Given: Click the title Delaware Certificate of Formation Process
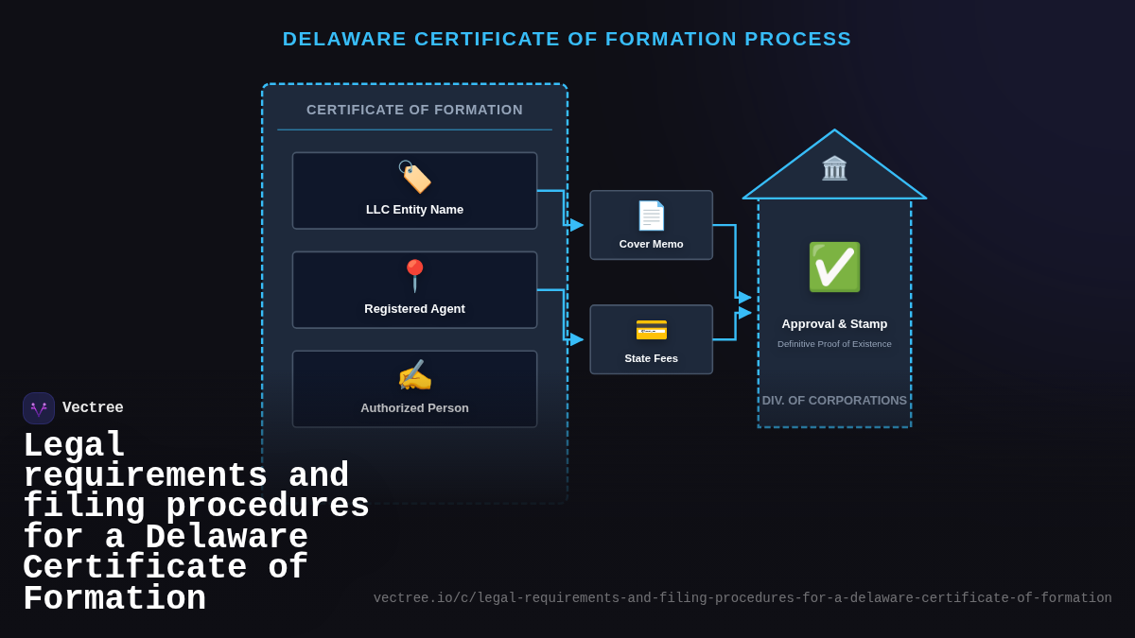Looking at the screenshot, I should pos(567,39).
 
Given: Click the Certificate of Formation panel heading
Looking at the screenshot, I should pos(414,110).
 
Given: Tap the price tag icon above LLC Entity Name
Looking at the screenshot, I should pos(414,177).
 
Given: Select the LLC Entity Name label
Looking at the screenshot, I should pos(414,210).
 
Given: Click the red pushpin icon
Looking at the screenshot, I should pos(414,275).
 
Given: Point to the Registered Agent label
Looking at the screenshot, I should pos(414,309).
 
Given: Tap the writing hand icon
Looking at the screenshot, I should pos(414,375).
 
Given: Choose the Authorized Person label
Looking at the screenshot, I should pos(414,408).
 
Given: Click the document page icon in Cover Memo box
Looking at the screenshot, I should pos(651,216).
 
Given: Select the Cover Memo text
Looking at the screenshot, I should pos(651,244).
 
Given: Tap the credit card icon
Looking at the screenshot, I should pos(651,330).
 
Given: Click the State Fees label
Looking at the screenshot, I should pos(651,358).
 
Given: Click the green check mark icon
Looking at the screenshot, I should pos(834,267).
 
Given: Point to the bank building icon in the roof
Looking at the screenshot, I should pos(834,168).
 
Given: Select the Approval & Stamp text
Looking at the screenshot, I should pos(834,324).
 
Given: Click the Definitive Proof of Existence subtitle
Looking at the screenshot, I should pos(834,344).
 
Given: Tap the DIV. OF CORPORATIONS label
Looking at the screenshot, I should pos(834,401).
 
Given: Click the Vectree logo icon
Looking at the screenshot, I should pos(39,408).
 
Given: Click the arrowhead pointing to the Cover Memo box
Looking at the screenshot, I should pos(577,225).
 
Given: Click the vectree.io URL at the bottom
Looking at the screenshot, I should pos(742,598).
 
